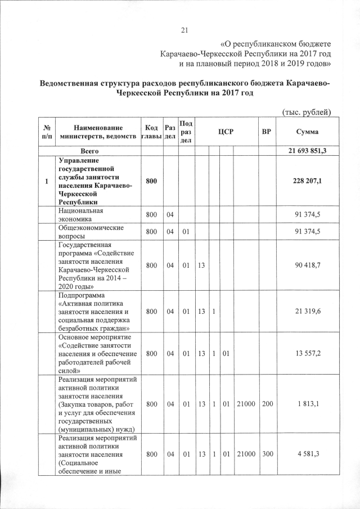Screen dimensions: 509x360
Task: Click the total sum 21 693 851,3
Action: [304, 152]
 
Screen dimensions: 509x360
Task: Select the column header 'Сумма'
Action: [304, 132]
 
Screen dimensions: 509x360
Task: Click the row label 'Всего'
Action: [89, 152]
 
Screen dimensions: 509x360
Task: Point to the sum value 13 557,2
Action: [304, 353]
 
